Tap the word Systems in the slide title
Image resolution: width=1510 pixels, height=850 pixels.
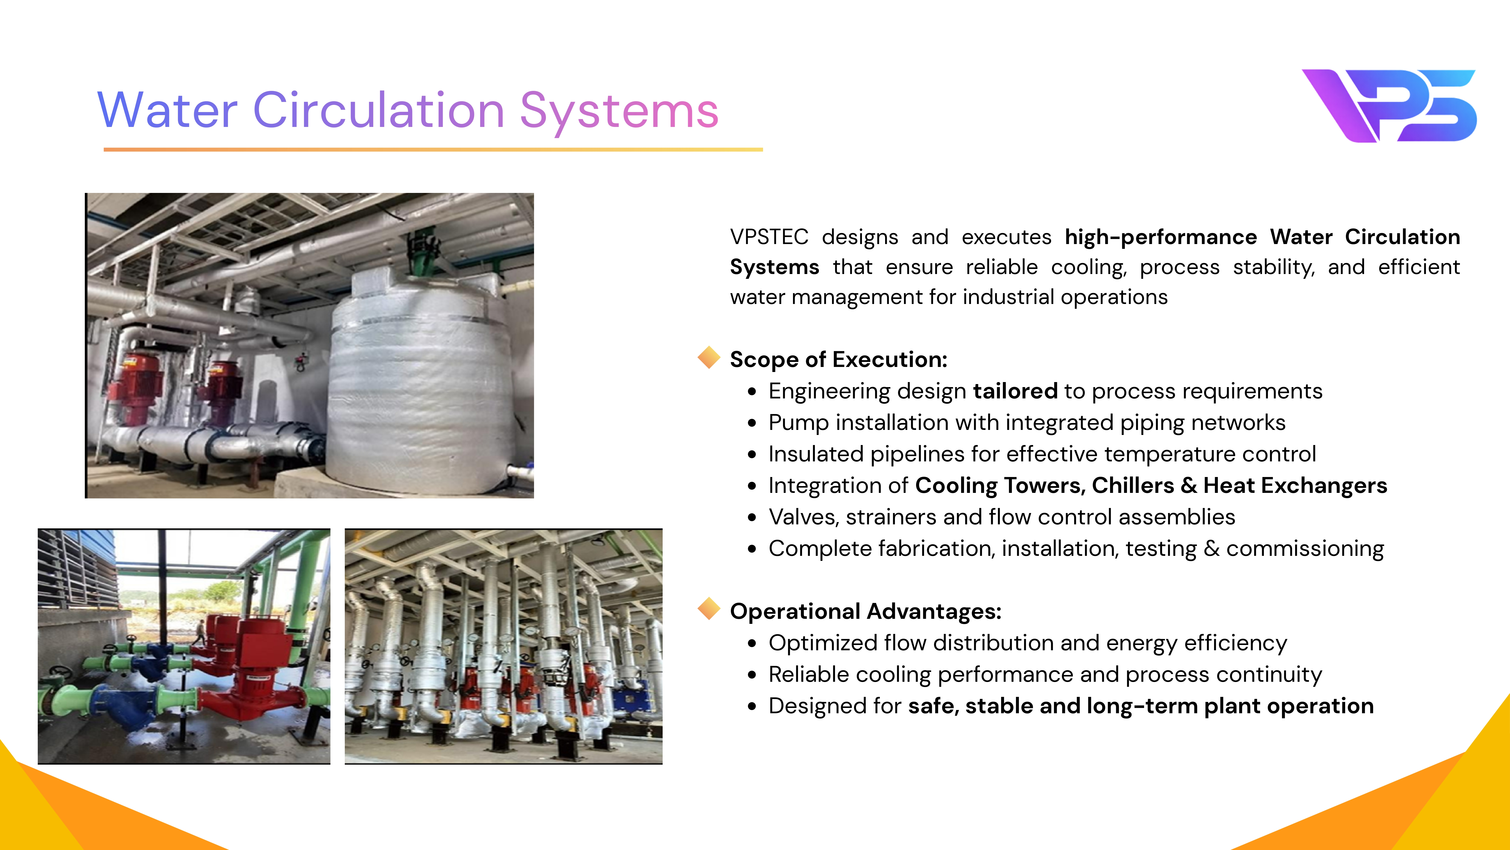[619, 113]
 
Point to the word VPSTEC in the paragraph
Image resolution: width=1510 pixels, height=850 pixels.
[769, 237]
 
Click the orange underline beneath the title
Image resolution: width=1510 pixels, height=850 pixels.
[433, 150]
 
